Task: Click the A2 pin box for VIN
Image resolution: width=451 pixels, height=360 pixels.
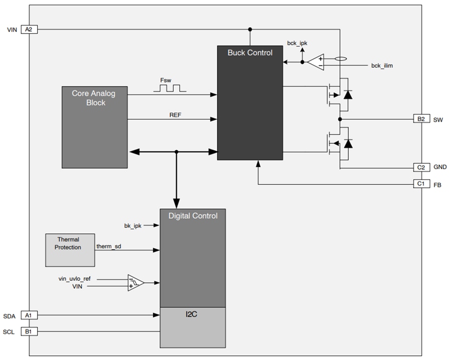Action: click(x=29, y=30)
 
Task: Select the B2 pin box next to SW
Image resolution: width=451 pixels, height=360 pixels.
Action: click(x=420, y=119)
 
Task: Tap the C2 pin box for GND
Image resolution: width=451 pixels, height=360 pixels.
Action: click(x=420, y=167)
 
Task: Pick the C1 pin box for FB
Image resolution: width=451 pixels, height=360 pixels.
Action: click(x=420, y=184)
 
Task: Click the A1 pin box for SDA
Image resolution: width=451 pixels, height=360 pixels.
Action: click(x=29, y=315)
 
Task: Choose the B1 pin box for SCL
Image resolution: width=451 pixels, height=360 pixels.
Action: click(x=29, y=331)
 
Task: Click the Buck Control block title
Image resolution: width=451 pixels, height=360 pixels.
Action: click(x=250, y=53)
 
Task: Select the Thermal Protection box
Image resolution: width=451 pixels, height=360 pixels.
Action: click(x=70, y=249)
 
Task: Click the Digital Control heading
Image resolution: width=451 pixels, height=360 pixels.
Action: click(x=192, y=216)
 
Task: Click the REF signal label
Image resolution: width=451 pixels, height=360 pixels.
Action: click(x=175, y=115)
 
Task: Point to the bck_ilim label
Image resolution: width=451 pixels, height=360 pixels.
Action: click(x=382, y=66)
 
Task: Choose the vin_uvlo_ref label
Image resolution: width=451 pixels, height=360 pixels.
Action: click(x=75, y=278)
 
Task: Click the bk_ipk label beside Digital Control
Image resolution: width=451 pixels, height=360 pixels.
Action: click(x=133, y=226)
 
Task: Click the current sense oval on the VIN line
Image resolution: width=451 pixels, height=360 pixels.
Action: click(x=340, y=59)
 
